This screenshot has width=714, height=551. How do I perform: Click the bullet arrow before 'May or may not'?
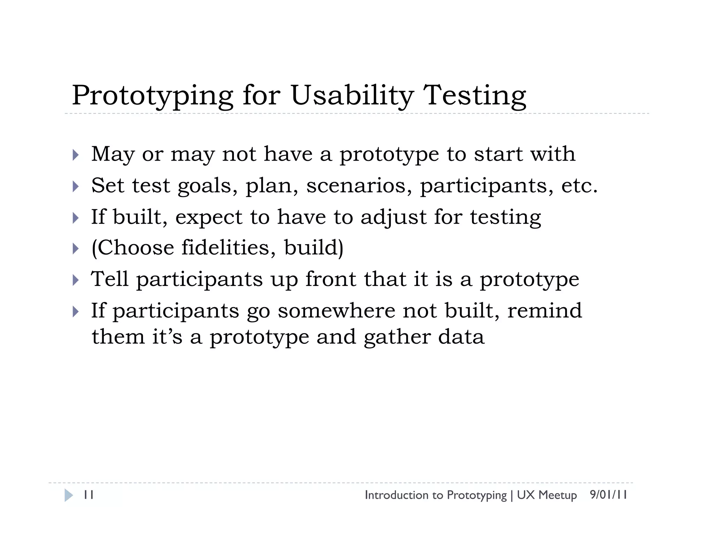click(76, 155)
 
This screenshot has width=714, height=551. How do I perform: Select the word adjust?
click(393, 217)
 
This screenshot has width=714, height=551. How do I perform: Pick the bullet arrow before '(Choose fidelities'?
click(76, 249)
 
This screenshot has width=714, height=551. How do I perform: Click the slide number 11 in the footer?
click(89, 495)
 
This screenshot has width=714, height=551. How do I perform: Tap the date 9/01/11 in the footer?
click(608, 495)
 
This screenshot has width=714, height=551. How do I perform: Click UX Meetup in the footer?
click(547, 495)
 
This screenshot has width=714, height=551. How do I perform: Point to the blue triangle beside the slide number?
click(68, 495)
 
